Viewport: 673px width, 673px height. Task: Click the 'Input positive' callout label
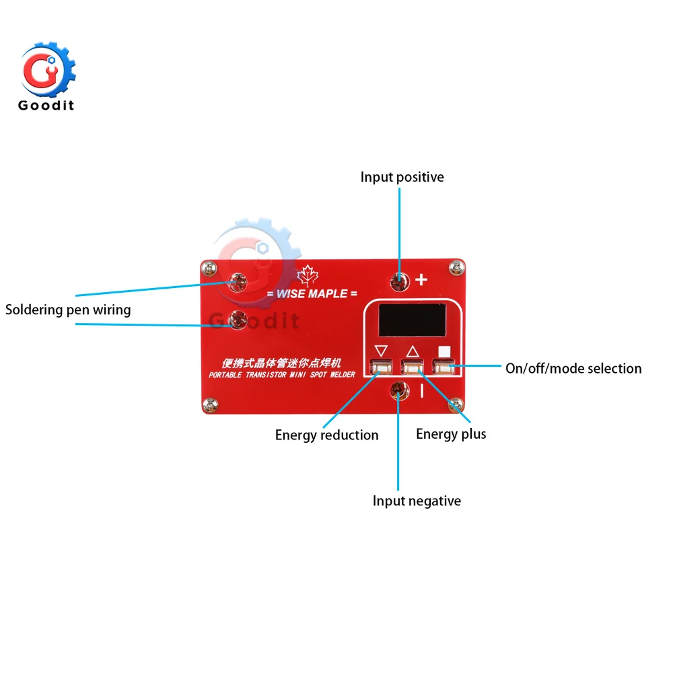click(x=402, y=177)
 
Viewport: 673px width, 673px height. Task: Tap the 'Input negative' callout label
click(x=417, y=501)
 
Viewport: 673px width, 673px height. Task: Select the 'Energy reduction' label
click(x=326, y=435)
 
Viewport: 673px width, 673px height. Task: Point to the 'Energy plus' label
click(x=450, y=433)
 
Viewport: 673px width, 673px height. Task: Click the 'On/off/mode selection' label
click(x=573, y=368)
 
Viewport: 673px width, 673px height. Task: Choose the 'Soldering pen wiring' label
click(x=68, y=310)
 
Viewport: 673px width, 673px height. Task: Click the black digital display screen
click(x=411, y=320)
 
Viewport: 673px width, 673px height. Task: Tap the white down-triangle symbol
click(x=382, y=351)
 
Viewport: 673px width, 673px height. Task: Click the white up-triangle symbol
click(x=413, y=351)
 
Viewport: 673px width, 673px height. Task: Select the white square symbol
click(x=443, y=351)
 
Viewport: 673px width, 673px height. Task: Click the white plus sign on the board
click(x=422, y=279)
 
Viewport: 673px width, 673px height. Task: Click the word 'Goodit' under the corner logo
click(x=46, y=105)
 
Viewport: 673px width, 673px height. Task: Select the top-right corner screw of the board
click(x=457, y=267)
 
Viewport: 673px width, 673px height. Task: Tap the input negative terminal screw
click(x=398, y=388)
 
